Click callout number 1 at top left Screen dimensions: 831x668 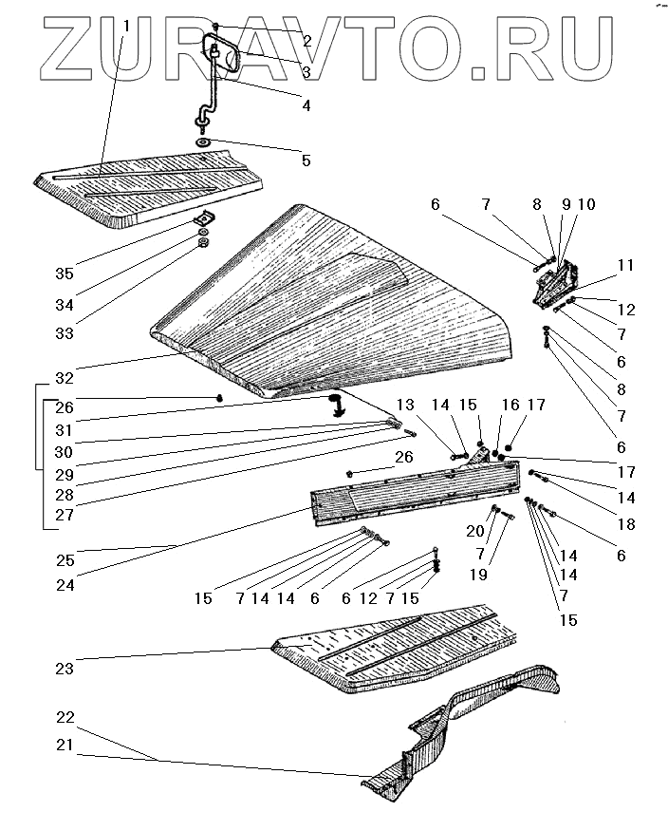tap(127, 27)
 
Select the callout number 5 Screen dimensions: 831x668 tap(306, 161)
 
